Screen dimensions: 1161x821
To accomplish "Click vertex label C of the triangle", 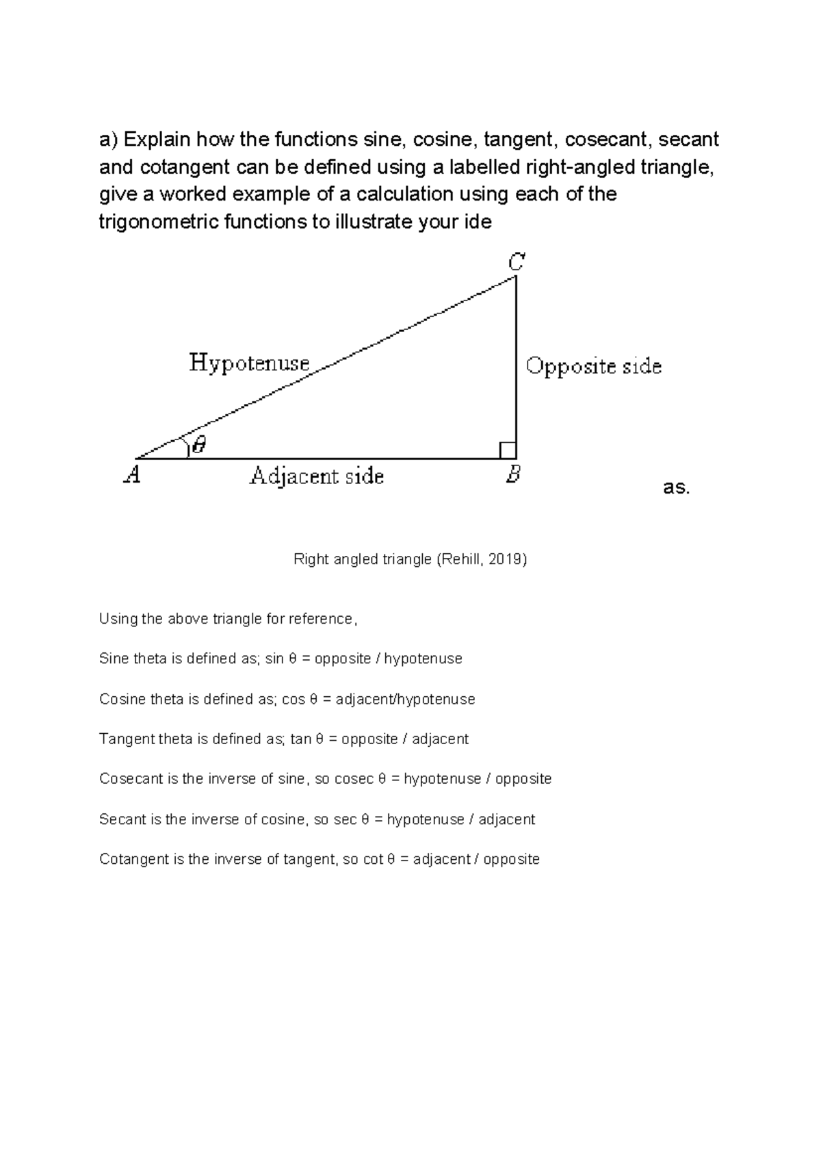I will (516, 261).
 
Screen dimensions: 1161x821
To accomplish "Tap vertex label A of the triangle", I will (132, 474).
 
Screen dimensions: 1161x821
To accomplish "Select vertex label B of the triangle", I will (513, 474).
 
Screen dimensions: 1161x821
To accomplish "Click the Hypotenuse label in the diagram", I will (249, 363).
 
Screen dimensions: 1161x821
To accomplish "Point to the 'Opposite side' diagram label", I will (593, 367).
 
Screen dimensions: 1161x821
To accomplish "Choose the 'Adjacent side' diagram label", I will (316, 476).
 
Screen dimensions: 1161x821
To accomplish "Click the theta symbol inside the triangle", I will (198, 446).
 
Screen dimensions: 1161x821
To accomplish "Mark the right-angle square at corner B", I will (508, 450).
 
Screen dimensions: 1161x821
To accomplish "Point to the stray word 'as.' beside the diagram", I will (677, 488).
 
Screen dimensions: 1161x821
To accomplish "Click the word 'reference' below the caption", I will (320, 619).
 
